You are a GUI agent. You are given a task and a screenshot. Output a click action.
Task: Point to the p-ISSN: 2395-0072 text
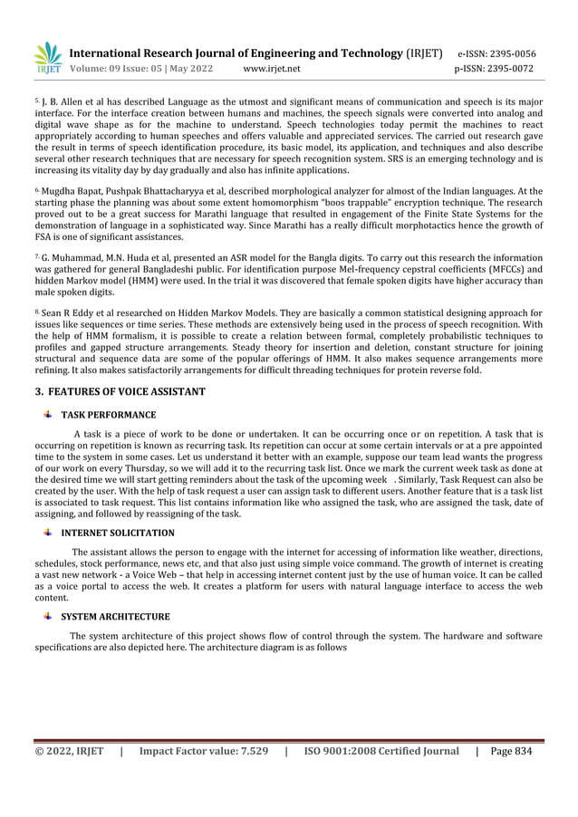[x=496, y=68]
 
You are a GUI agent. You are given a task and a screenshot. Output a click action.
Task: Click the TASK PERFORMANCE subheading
[x=108, y=415]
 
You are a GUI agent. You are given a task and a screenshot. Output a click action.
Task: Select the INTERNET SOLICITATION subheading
[x=118, y=533]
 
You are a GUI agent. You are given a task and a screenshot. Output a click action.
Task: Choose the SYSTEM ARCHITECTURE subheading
[x=115, y=617]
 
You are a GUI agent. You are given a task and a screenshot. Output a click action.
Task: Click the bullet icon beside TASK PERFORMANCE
[x=46, y=414]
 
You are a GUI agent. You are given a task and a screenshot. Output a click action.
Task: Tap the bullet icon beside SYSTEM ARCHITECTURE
[x=46, y=616]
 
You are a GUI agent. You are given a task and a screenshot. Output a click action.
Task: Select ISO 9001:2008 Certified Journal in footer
[x=381, y=751]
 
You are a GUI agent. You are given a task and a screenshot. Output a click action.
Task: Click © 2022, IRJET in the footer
[x=69, y=751]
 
